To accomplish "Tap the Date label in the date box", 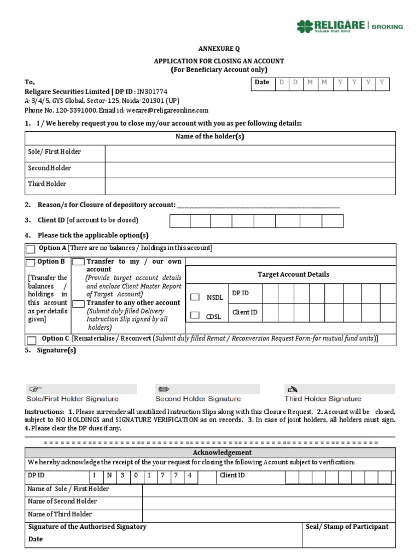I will [262, 82].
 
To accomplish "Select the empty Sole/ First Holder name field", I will [250, 153].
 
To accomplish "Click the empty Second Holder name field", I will [250, 170].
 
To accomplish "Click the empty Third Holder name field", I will [250, 186].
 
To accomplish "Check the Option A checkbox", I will [31, 249].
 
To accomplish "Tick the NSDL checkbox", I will [195, 297].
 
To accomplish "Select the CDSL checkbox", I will [195, 316].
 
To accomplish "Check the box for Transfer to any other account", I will [79, 304].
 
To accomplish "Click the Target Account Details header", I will [293, 275].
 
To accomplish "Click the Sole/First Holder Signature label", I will [72, 399].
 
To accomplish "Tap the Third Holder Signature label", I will [323, 399].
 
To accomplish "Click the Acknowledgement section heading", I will [222, 452].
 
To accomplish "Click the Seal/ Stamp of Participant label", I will [347, 527].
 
